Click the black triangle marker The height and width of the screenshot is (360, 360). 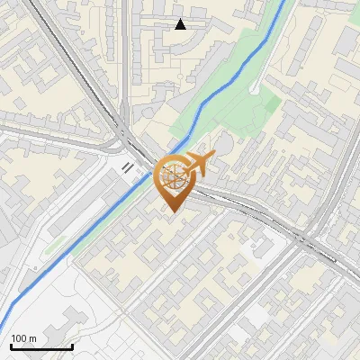pos(181,24)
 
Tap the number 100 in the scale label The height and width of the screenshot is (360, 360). pos(20,338)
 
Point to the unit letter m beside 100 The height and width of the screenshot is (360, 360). pos(33,338)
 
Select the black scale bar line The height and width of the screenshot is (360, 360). pos(41,346)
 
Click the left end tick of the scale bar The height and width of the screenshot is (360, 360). pos(11,345)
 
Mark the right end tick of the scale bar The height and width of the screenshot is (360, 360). pos(72,345)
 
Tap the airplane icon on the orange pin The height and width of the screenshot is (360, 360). pos(198,164)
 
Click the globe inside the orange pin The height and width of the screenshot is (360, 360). pos(173,175)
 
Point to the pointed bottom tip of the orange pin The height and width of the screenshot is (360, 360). pos(173,211)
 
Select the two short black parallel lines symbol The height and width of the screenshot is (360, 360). pos(128,166)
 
